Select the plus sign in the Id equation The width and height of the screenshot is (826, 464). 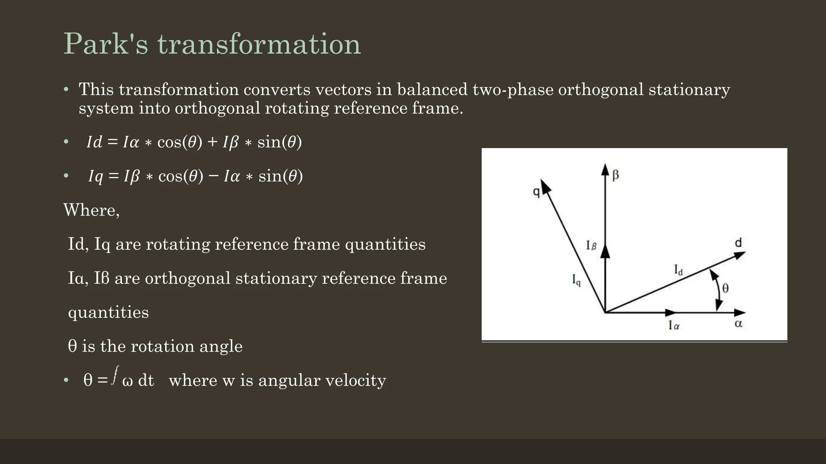click(x=212, y=142)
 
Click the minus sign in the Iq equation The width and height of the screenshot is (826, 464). click(x=214, y=176)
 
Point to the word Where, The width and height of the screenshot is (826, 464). click(x=92, y=210)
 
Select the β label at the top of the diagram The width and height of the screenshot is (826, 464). click(x=615, y=175)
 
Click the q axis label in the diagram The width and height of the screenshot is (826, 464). click(x=536, y=192)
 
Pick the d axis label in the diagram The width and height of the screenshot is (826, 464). click(x=738, y=243)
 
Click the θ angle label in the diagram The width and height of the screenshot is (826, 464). click(x=725, y=288)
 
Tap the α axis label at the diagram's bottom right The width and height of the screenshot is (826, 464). click(x=738, y=324)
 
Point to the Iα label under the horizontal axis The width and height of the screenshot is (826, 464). click(x=674, y=325)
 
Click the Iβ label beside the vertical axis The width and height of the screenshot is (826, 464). click(x=591, y=245)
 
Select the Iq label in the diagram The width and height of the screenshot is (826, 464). click(x=576, y=280)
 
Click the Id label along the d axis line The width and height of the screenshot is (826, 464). click(x=678, y=270)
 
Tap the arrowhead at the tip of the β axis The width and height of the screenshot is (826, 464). click(x=605, y=169)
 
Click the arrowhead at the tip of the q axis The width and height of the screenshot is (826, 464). click(x=545, y=186)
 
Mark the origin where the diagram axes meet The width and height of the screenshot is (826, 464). click(x=605, y=312)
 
